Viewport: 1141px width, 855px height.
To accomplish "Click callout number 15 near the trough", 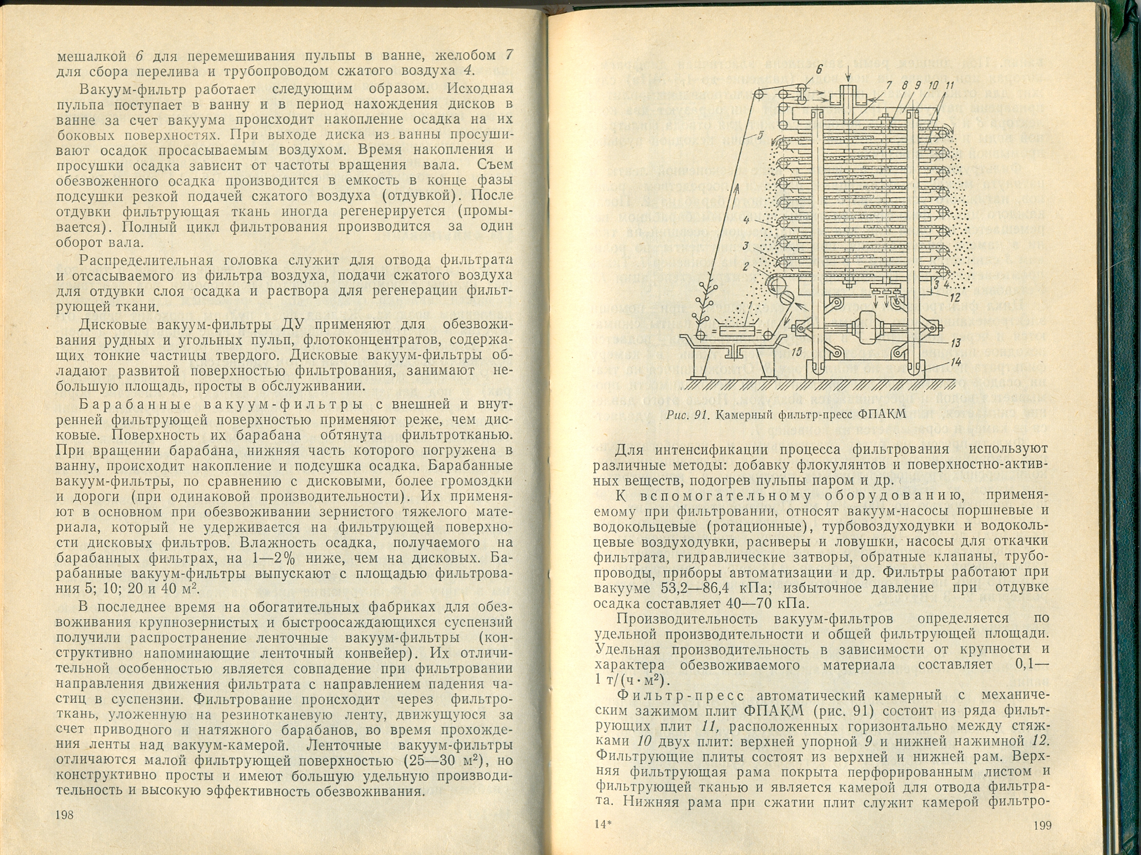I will point(796,352).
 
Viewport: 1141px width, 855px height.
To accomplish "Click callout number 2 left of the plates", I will point(746,266).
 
